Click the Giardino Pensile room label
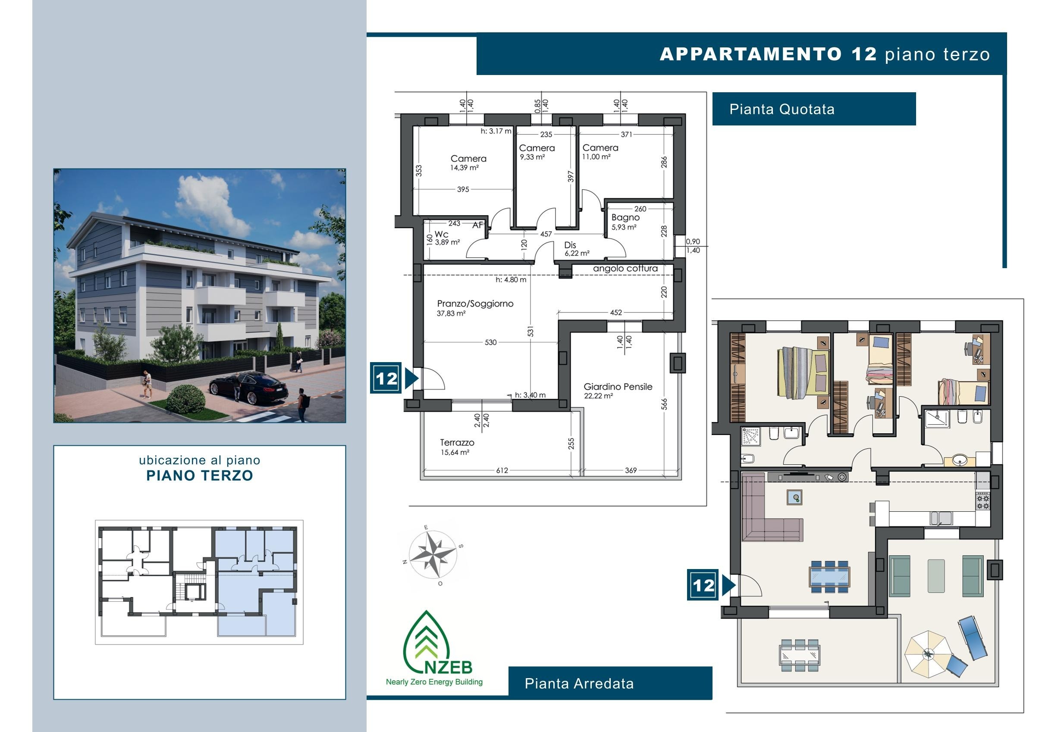click(x=618, y=387)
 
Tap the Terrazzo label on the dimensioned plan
click(x=457, y=442)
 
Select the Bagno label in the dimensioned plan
click(x=625, y=218)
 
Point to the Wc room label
click(x=441, y=235)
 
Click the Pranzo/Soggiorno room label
click(x=475, y=304)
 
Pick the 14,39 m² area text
click(x=464, y=168)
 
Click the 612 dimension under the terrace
click(x=502, y=470)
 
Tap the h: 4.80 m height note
click(x=511, y=280)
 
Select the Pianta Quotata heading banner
click(x=813, y=109)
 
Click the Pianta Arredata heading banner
click(x=610, y=683)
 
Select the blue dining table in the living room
click(x=829, y=577)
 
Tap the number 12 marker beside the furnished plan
click(x=703, y=585)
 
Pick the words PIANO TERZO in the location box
click(x=200, y=475)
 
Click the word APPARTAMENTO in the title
click(x=751, y=54)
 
